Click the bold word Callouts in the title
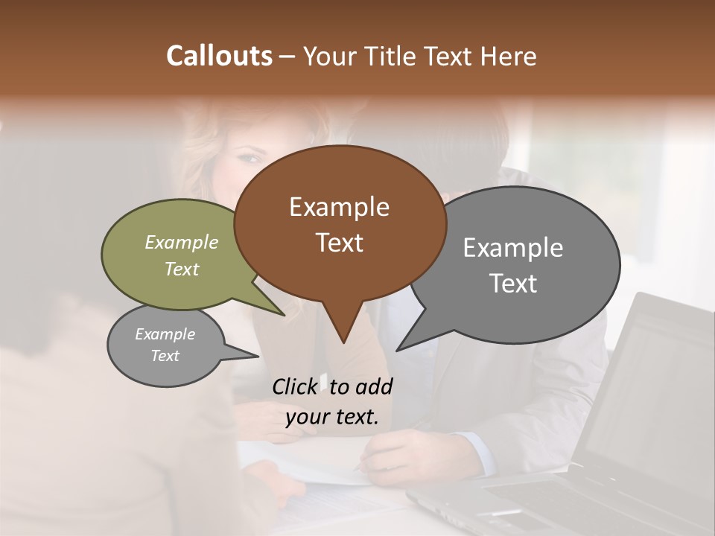click(219, 56)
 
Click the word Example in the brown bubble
click(339, 207)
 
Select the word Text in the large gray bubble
click(513, 284)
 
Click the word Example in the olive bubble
click(182, 243)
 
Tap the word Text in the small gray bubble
click(165, 356)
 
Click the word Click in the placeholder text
click(294, 387)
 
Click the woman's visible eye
click(251, 157)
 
